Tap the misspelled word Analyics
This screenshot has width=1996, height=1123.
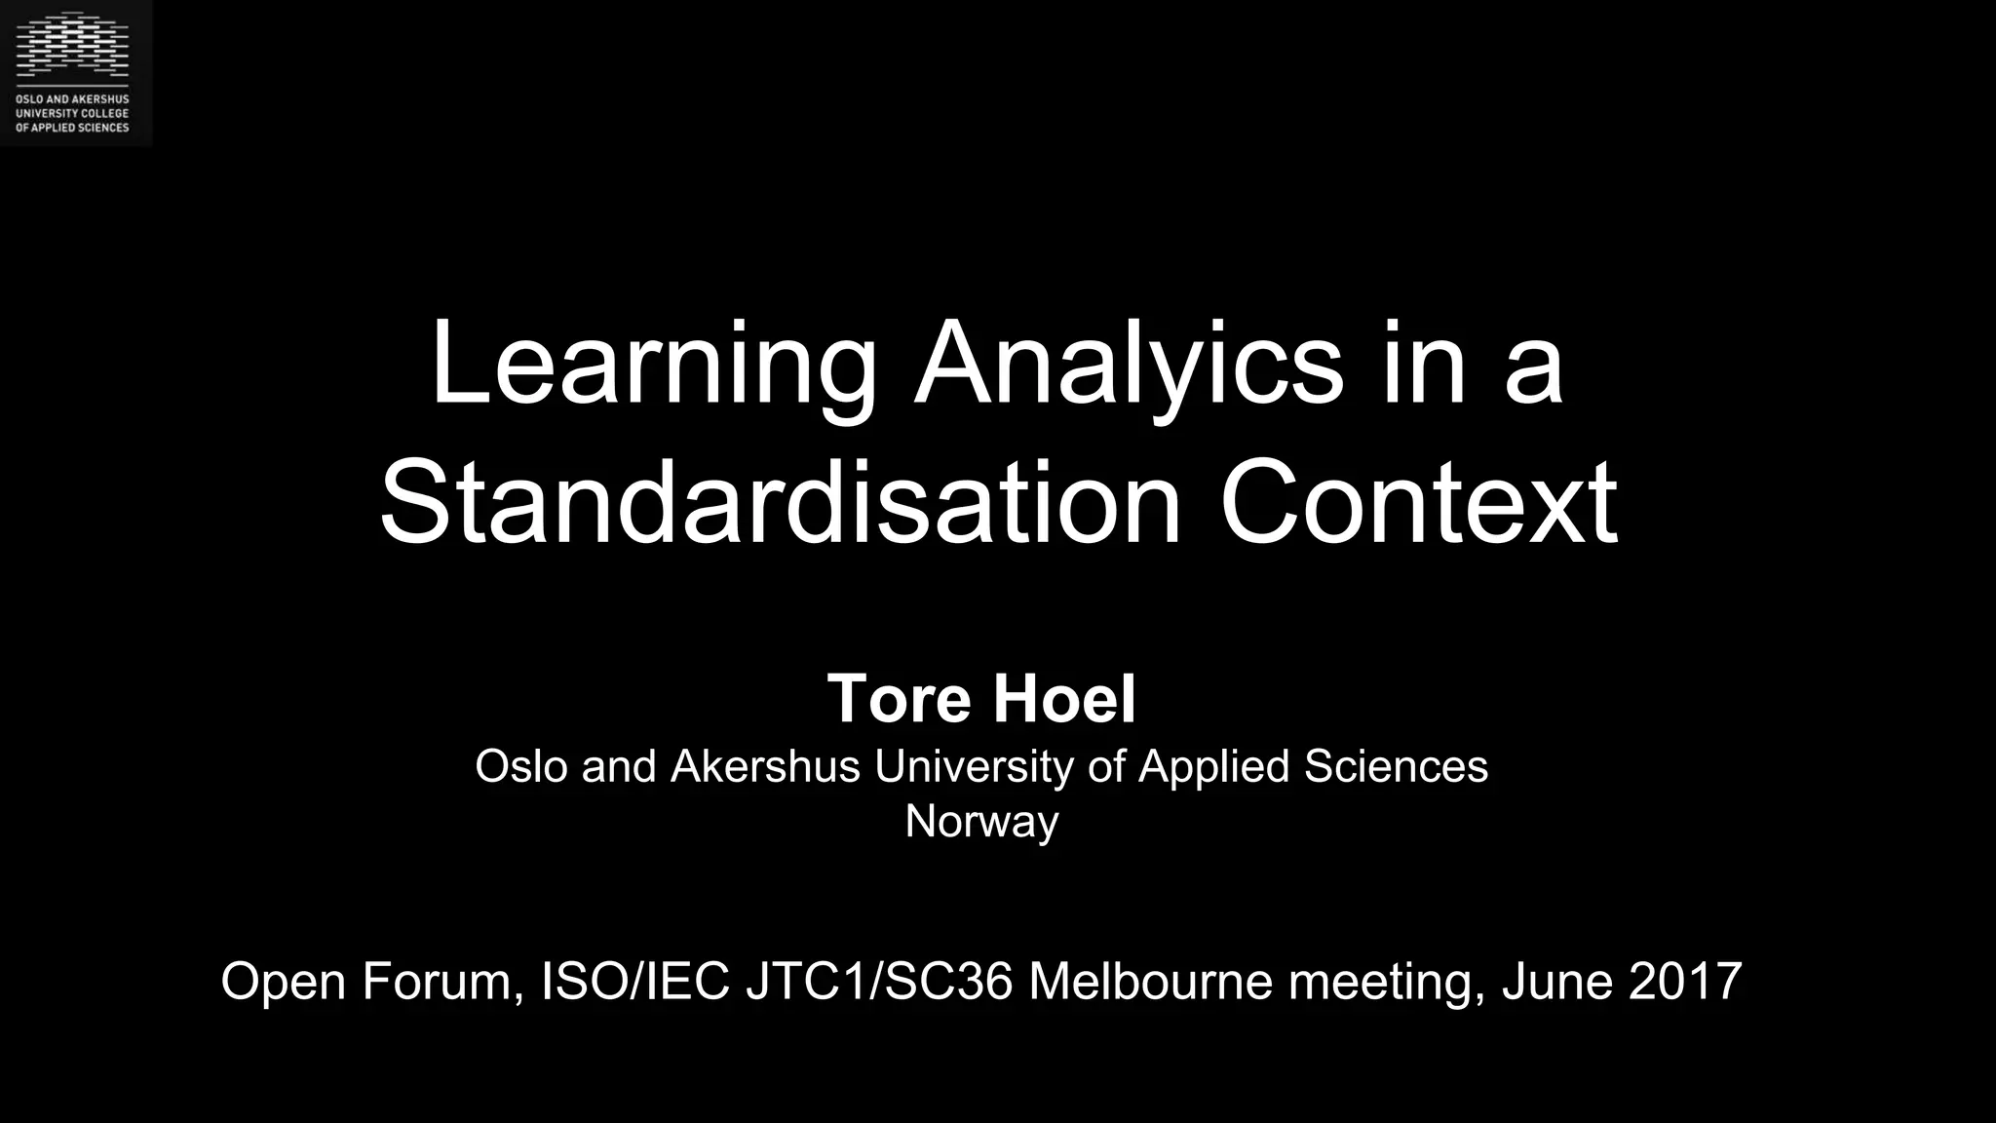1129,366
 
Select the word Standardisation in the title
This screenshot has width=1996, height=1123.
781,505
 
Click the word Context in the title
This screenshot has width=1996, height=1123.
1418,505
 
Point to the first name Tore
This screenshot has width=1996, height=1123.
899,699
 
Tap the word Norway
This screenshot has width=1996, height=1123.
981,821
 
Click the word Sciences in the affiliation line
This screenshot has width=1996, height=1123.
1396,766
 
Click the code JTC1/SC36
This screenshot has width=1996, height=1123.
879,981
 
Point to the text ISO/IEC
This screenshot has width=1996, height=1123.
634,981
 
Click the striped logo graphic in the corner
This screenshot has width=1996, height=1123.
72,45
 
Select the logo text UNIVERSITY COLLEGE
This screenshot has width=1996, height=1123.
72,114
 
